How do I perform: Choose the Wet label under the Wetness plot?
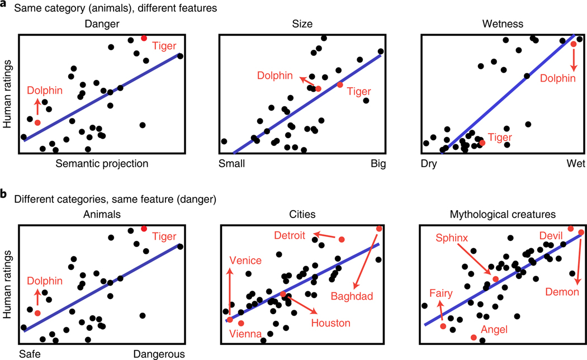[x=567, y=164]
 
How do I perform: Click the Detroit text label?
[x=290, y=236]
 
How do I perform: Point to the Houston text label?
[x=331, y=323]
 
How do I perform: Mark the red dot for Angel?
[x=474, y=338]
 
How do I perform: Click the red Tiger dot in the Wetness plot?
[x=482, y=143]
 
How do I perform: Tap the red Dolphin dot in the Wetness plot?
[x=573, y=44]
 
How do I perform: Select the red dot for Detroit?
[x=342, y=239]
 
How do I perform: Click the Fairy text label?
[x=441, y=292]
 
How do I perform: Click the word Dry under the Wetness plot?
[x=429, y=164]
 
